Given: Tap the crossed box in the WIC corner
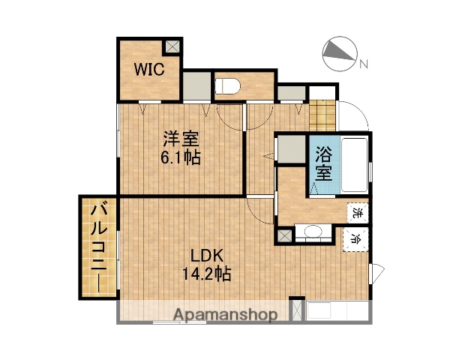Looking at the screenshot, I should (x=172, y=46).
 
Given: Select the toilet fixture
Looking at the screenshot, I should (x=227, y=85).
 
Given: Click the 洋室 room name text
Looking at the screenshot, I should (x=181, y=139).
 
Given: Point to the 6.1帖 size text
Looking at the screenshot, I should (x=181, y=158).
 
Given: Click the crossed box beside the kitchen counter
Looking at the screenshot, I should (x=296, y=311).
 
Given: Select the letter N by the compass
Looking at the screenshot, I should (x=363, y=64).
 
